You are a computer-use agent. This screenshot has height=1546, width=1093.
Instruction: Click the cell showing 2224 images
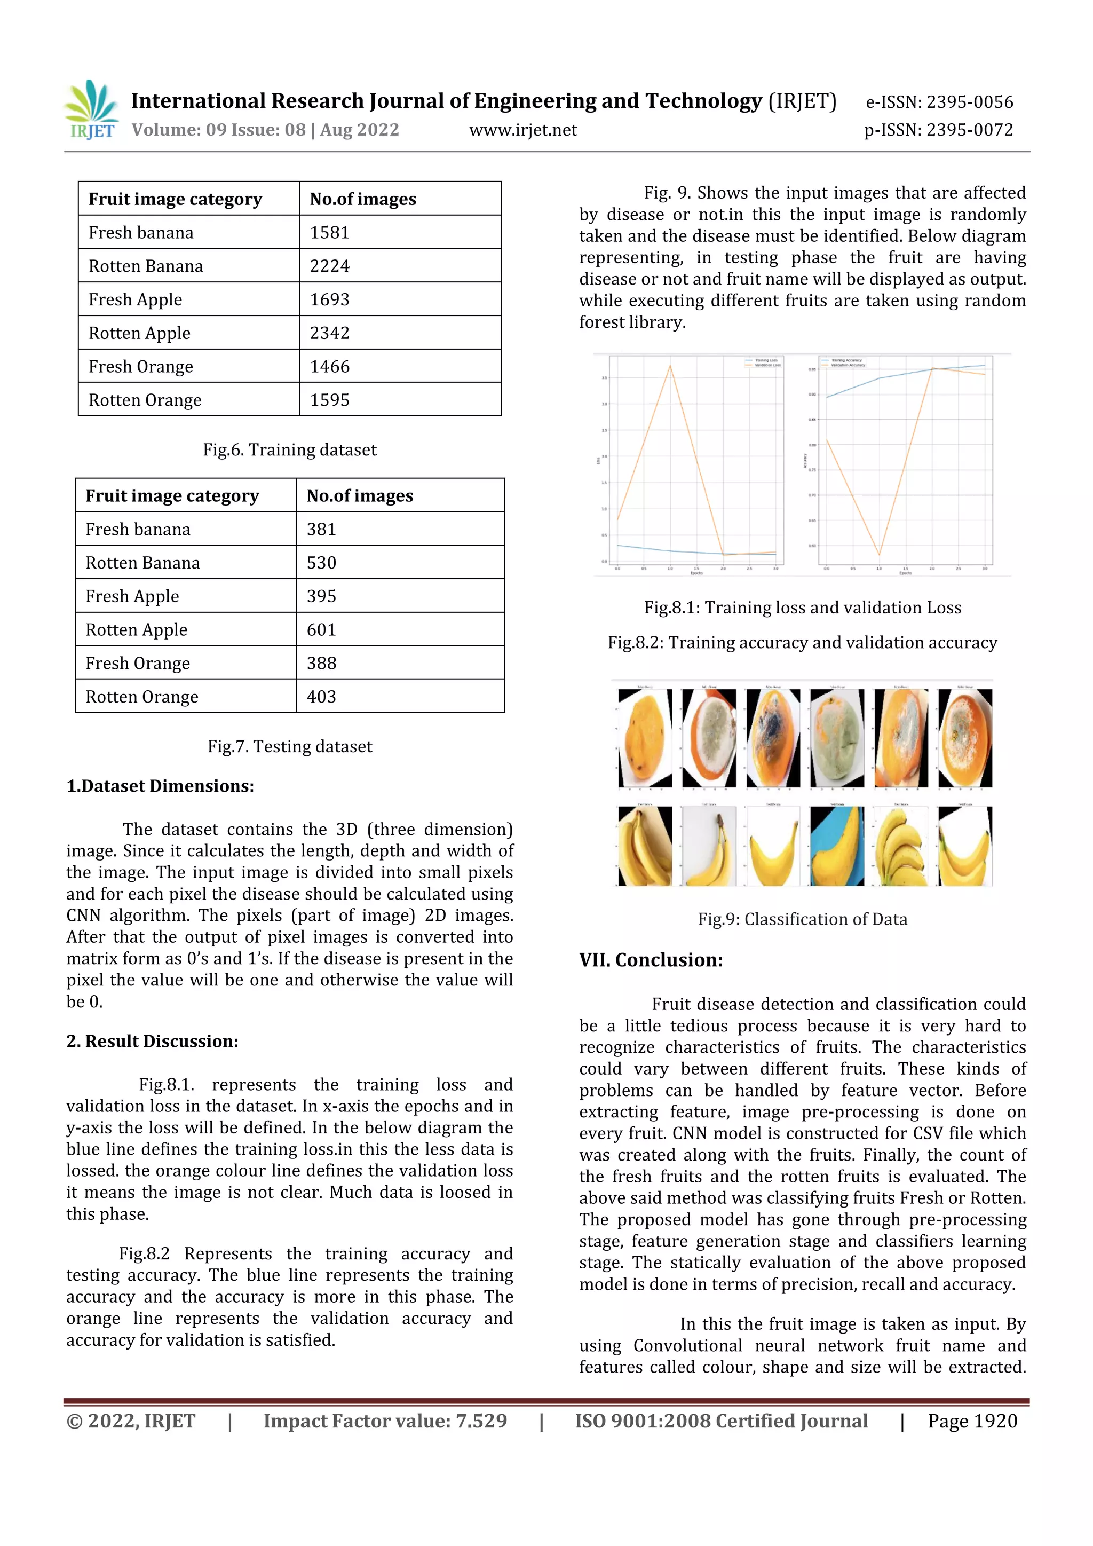[330, 266]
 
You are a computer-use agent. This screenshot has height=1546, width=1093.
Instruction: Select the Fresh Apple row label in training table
[135, 299]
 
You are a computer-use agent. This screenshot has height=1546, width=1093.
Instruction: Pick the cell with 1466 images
[330, 366]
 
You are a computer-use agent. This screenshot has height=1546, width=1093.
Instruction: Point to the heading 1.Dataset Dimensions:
[160, 786]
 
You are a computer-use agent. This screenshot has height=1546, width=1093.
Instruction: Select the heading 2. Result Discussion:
[152, 1041]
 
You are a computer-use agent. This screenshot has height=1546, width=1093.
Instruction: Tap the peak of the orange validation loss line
[670, 366]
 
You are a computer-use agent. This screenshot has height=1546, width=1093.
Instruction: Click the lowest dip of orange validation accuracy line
[879, 555]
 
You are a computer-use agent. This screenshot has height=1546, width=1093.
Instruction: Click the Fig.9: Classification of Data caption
[802, 919]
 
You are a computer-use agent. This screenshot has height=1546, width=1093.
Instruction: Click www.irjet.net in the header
[523, 130]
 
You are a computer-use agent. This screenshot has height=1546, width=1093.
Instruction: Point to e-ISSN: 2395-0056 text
[939, 102]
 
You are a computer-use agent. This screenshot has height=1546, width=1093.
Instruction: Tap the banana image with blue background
[837, 846]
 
